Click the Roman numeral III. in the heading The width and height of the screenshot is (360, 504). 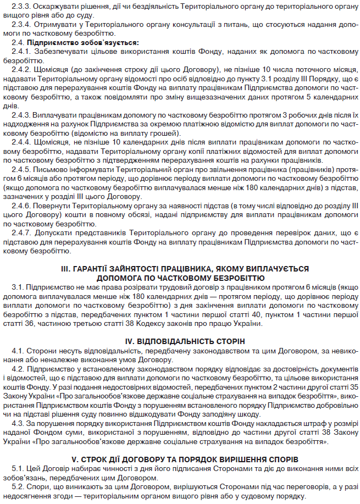(x=67, y=269)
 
